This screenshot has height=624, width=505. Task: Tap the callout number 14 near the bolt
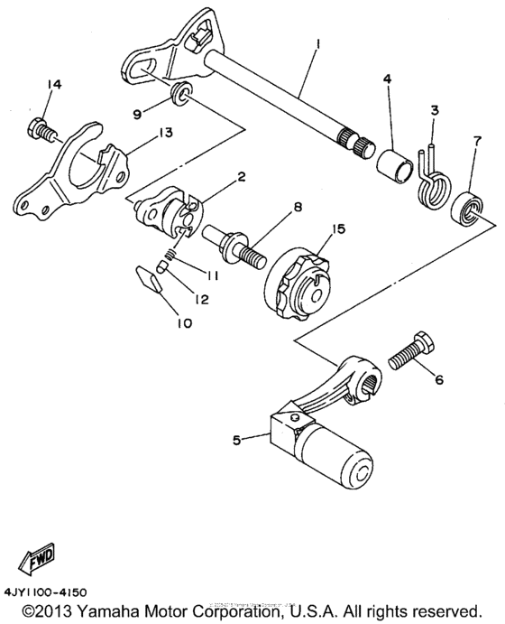click(54, 84)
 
